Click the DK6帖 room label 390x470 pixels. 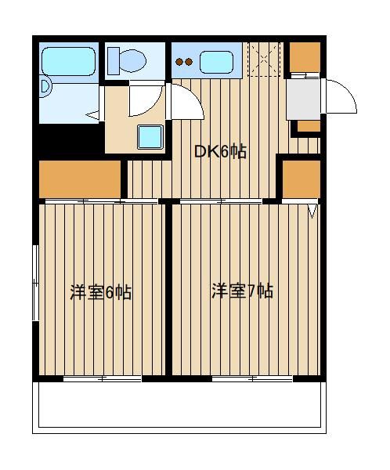[220, 152]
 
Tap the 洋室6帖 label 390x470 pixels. [101, 292]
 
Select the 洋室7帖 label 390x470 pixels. [242, 291]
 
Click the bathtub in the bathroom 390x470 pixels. [69, 61]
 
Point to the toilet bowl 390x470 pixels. [132, 61]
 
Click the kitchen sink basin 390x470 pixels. [216, 62]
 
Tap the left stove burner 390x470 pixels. [179, 62]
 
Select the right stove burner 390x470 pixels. [189, 62]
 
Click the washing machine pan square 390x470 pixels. [150, 136]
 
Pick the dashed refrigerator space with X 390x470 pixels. [264, 59]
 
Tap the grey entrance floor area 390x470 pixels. [303, 99]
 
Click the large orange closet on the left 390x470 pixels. [80, 179]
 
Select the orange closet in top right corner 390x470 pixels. [305, 57]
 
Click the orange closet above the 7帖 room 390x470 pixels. [302, 179]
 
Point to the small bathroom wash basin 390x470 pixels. [45, 86]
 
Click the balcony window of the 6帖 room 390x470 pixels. [103, 379]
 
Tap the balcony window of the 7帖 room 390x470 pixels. [252, 379]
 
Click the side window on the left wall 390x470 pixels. [36, 283]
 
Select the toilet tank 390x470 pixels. [114, 61]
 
